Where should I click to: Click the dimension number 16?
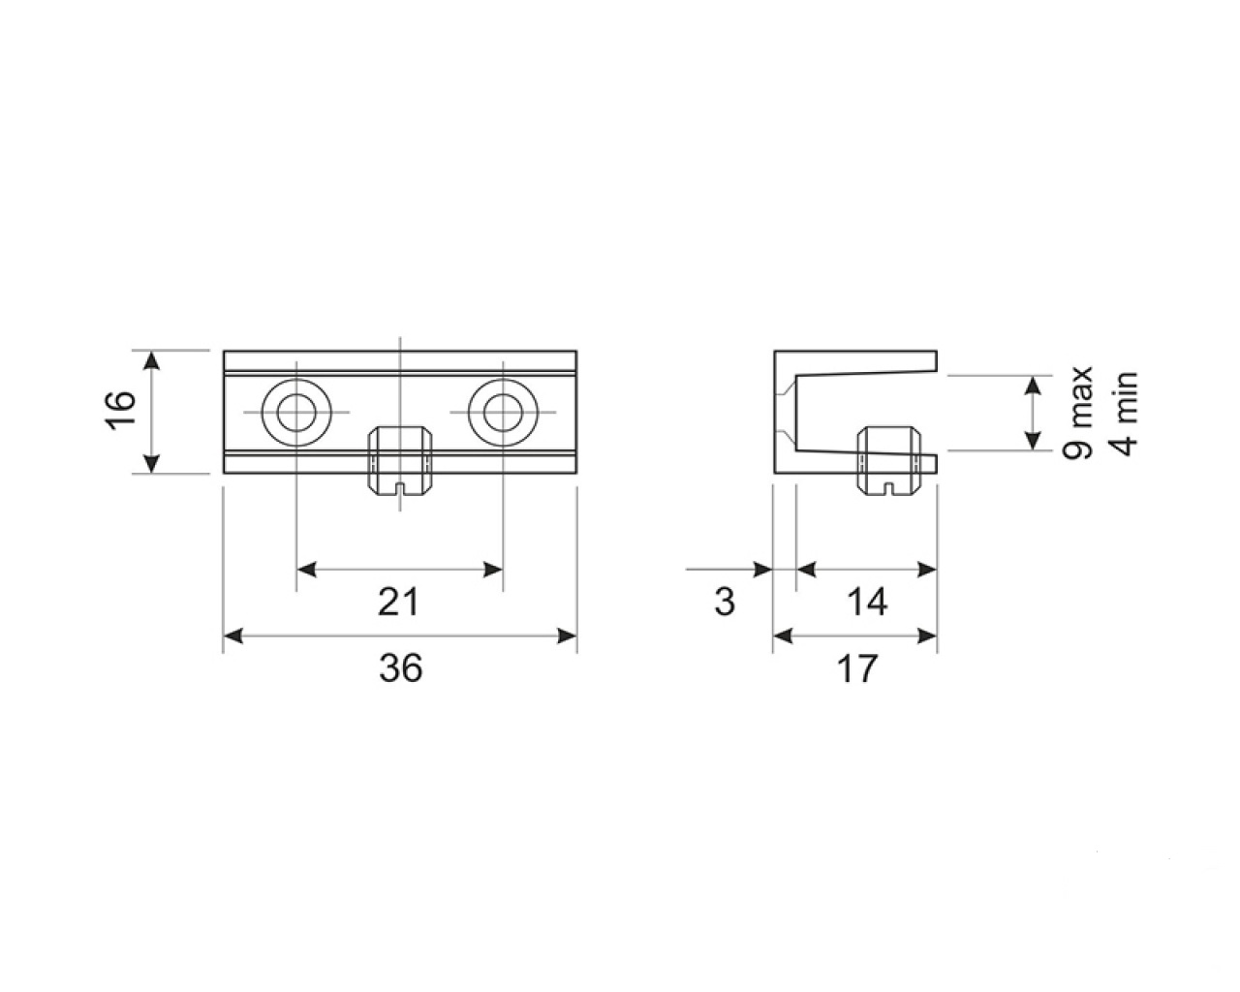[120, 411]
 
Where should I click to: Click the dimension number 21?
[399, 602]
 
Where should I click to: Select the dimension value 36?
[401, 668]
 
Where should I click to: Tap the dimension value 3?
[725, 602]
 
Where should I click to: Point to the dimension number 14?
[867, 602]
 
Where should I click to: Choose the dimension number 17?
[857, 668]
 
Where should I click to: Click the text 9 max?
[1077, 412]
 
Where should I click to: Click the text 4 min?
[1123, 414]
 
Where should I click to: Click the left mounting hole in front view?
[296, 413]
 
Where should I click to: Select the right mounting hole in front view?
[503, 413]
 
